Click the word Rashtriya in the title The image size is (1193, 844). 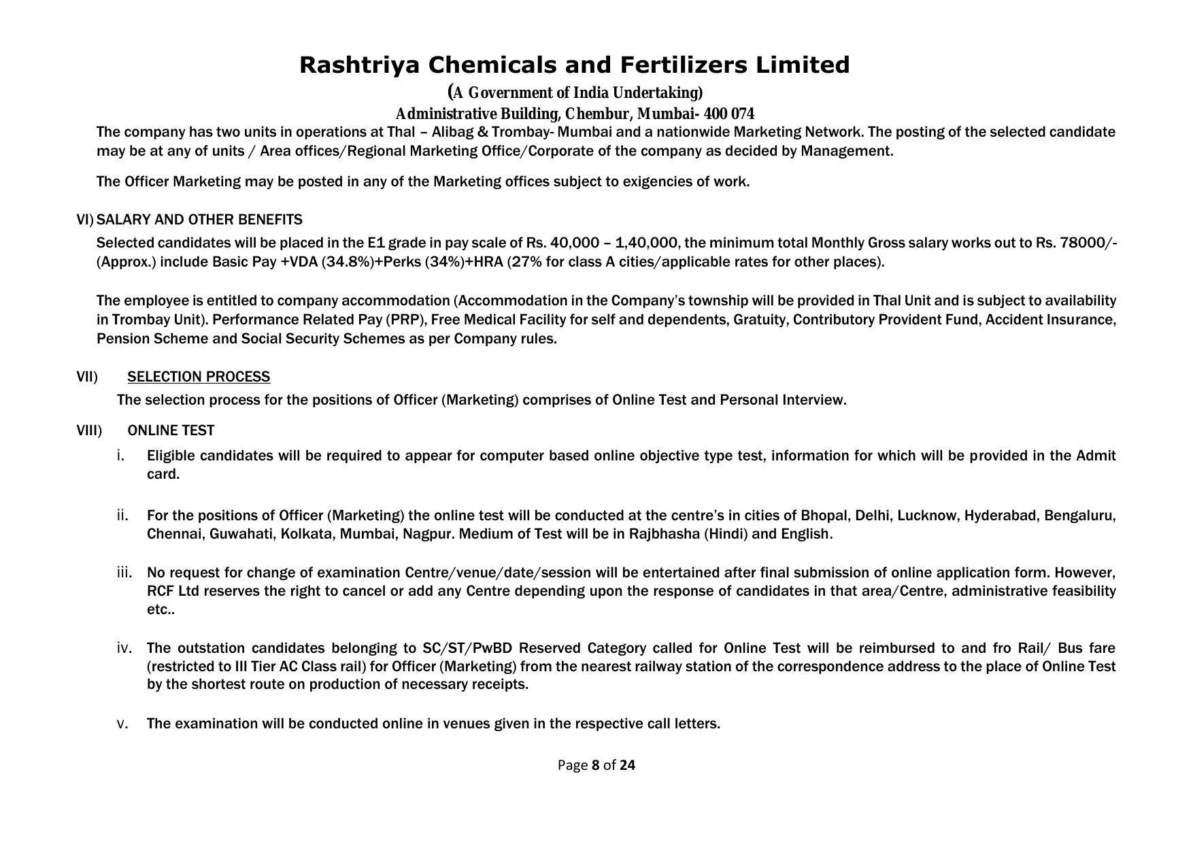coord(359,65)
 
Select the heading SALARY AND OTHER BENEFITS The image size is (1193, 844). coord(199,220)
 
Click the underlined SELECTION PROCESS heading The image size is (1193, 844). coord(199,377)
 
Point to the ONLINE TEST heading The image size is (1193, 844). coord(171,431)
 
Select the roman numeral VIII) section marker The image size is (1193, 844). coord(89,431)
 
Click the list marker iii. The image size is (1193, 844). coord(124,573)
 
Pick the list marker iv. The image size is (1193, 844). coord(124,648)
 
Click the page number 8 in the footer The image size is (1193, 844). coord(596,765)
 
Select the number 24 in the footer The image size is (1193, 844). coord(627,765)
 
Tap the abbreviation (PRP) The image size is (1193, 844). coord(405,320)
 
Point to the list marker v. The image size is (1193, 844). coord(122,724)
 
